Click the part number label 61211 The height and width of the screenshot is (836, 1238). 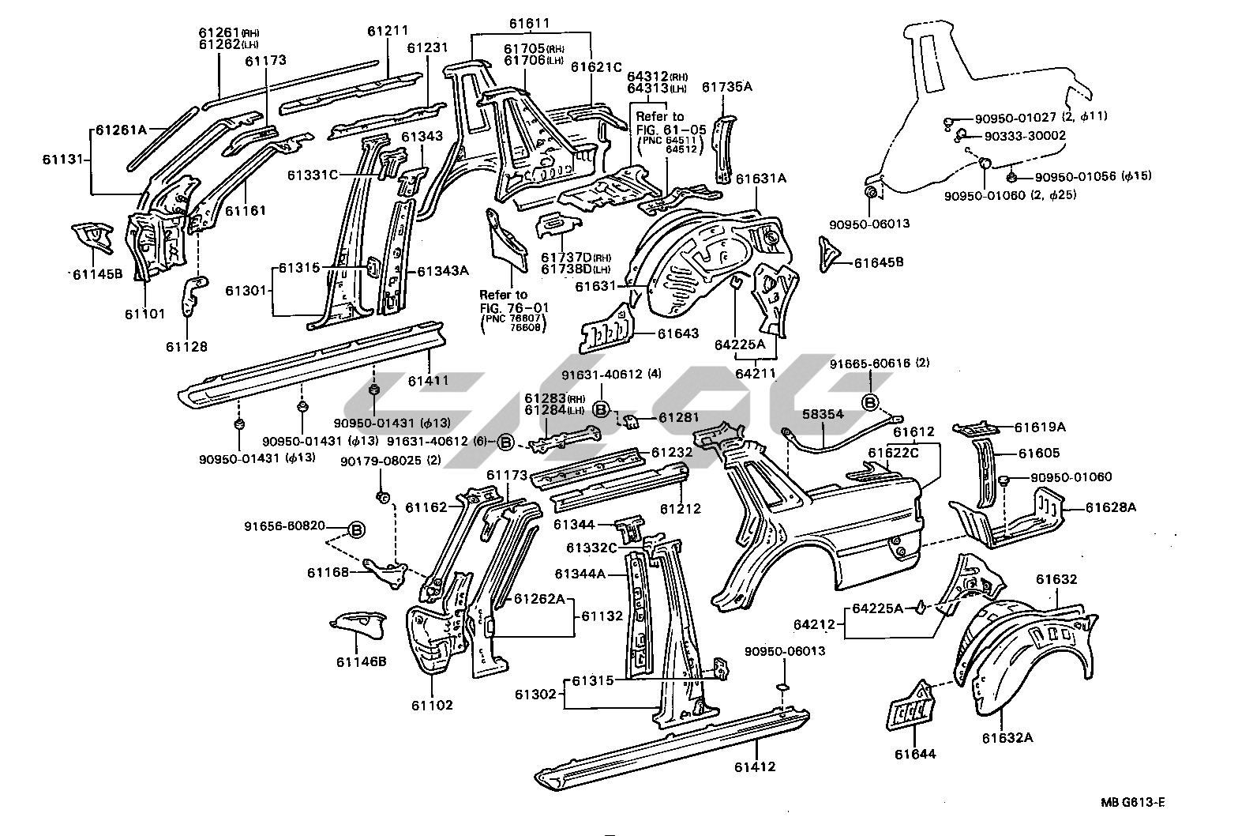click(x=388, y=32)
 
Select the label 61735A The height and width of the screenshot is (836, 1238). click(x=726, y=87)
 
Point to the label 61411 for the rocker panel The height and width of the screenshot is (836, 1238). click(x=429, y=381)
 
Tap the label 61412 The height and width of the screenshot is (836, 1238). click(x=754, y=766)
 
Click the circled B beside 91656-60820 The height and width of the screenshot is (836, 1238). click(x=356, y=529)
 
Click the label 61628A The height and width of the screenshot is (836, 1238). click(x=1110, y=507)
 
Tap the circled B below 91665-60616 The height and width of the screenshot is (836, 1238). click(x=871, y=403)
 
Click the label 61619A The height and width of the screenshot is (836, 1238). click(x=1040, y=427)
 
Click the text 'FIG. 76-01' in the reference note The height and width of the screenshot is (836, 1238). click(x=513, y=307)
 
